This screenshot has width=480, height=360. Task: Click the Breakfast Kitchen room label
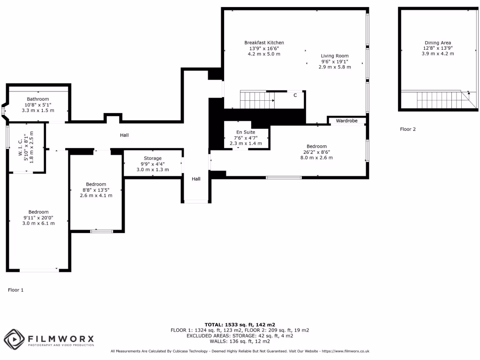[264, 43]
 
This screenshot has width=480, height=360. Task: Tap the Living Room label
[335, 56]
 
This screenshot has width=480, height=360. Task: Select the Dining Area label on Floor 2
[437, 43]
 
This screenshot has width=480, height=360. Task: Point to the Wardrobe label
[347, 121]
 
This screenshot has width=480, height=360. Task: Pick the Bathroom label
[37, 99]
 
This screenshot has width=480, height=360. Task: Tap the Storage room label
[152, 158]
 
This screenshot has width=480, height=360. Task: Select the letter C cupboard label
[295, 95]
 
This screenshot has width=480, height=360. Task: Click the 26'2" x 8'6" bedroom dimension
[316, 152]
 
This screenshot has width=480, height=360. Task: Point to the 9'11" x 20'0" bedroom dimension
[38, 217]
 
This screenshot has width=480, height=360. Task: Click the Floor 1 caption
[15, 290]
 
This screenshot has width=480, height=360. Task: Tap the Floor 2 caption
[407, 129]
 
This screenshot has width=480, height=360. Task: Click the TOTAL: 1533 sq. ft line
[240, 324]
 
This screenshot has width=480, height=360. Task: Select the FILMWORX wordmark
[60, 338]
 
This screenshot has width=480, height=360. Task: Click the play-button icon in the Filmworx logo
[14, 338]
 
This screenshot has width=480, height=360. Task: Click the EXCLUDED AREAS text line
[240, 336]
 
